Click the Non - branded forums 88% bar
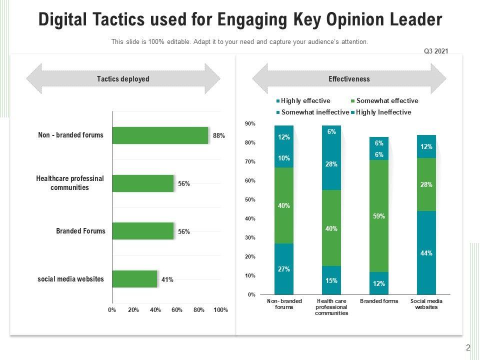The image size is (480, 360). [160, 135]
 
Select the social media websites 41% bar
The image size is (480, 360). [134, 279]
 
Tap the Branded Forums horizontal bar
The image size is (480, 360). [142, 231]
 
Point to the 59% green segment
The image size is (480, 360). [379, 216]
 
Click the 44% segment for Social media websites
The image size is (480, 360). [426, 253]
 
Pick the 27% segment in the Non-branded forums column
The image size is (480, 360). [284, 269]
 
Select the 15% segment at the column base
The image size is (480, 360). [331, 280]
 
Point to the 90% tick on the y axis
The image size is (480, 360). [250, 123]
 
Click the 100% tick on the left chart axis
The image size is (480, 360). [220, 310]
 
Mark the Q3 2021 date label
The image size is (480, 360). [436, 51]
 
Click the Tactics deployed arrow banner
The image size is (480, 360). [123, 79]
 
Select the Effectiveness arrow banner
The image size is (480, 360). [349, 79]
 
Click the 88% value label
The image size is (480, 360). [218, 135]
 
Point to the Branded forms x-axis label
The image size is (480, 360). [379, 301]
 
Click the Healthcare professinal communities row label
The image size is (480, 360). [70, 183]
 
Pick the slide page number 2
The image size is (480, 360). [468, 348]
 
